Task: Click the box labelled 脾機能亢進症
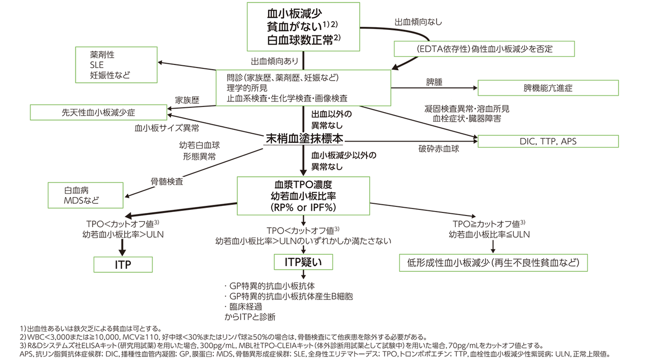point(548,88)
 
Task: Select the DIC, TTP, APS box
point(548,141)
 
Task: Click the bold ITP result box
point(123,264)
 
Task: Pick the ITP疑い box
point(304,262)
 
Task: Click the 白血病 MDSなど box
point(85,195)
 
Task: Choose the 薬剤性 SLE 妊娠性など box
point(116,64)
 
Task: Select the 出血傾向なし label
point(418,23)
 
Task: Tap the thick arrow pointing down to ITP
point(122,246)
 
